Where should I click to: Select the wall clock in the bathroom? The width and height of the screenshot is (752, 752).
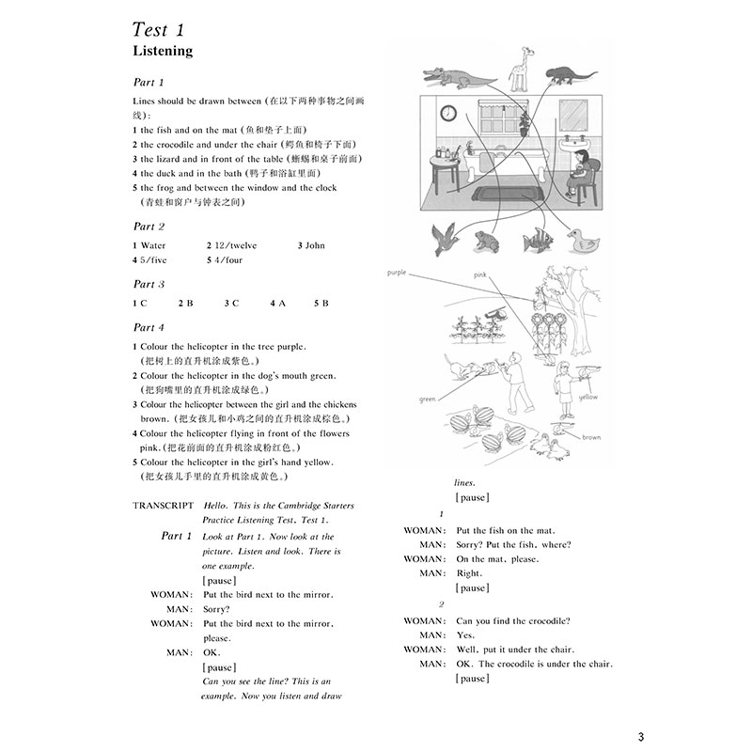point(448,114)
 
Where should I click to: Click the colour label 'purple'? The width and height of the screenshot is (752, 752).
point(396,273)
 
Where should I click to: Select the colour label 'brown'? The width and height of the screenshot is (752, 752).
point(590,437)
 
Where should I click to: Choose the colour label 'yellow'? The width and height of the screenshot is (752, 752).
point(587,398)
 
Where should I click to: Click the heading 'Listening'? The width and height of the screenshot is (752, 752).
point(162,51)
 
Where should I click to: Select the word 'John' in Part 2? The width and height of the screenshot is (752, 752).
point(314,245)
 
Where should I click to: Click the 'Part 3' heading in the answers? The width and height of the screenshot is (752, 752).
point(149,284)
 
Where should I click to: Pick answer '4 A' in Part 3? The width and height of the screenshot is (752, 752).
point(277,304)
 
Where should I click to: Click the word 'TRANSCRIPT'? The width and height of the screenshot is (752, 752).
point(164,506)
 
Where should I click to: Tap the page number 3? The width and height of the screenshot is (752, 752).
point(640,735)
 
